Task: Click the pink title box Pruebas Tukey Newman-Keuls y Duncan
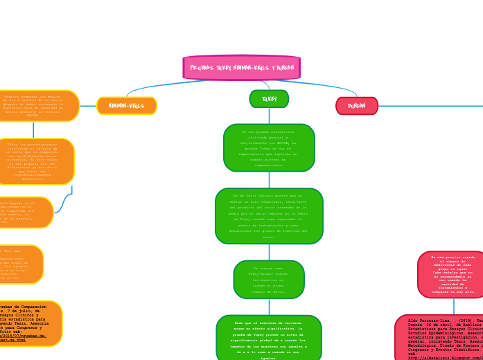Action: click(x=241, y=68)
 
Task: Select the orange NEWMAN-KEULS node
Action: click(x=127, y=106)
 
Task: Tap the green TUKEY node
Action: click(x=269, y=99)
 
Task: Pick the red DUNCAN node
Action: click(x=357, y=106)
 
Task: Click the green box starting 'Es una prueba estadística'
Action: click(x=269, y=147)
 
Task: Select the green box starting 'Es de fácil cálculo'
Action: click(x=269, y=216)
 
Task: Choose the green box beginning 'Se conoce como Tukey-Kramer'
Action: click(x=269, y=279)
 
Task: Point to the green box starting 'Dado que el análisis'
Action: click(x=269, y=339)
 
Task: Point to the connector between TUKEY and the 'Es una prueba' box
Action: click(x=269, y=116)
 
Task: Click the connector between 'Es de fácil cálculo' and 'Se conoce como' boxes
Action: click(x=269, y=252)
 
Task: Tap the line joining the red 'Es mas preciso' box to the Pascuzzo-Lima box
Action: click(x=454, y=306)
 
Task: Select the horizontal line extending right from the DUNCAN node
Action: click(x=430, y=106)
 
